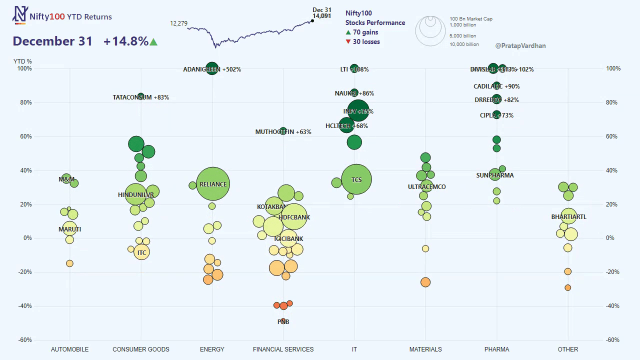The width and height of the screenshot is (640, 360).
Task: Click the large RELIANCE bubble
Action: [x=213, y=184]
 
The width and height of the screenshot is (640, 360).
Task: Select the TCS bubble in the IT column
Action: [x=356, y=179]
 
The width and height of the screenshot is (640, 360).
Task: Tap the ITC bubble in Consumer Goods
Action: [x=142, y=252]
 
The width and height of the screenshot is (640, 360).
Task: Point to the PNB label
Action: [x=283, y=322]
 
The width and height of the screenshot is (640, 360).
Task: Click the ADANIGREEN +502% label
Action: [x=212, y=69]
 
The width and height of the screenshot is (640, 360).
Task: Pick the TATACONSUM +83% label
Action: [x=141, y=97]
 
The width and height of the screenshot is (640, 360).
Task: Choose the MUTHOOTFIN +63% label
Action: [x=283, y=132]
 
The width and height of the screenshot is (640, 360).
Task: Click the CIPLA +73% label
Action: [x=496, y=115]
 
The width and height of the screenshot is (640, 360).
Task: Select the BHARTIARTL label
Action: [x=569, y=217]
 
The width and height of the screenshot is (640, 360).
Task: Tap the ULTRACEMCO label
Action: [x=426, y=187]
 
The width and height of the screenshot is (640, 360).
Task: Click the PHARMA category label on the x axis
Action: [x=497, y=349]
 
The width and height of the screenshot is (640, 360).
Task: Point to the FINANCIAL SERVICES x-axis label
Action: [x=283, y=349]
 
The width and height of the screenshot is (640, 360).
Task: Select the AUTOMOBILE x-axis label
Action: [x=69, y=349]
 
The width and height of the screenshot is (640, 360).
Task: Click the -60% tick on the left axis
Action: [x=25, y=340]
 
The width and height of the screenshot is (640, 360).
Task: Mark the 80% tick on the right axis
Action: [x=613, y=102]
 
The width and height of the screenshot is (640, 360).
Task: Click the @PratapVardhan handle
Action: [x=520, y=45]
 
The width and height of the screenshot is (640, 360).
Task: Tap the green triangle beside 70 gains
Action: [x=348, y=32]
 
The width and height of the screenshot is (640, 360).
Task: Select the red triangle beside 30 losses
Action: [x=348, y=42]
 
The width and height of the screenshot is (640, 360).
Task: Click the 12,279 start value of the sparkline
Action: [x=178, y=23]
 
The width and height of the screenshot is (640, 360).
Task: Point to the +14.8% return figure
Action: [x=126, y=41]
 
